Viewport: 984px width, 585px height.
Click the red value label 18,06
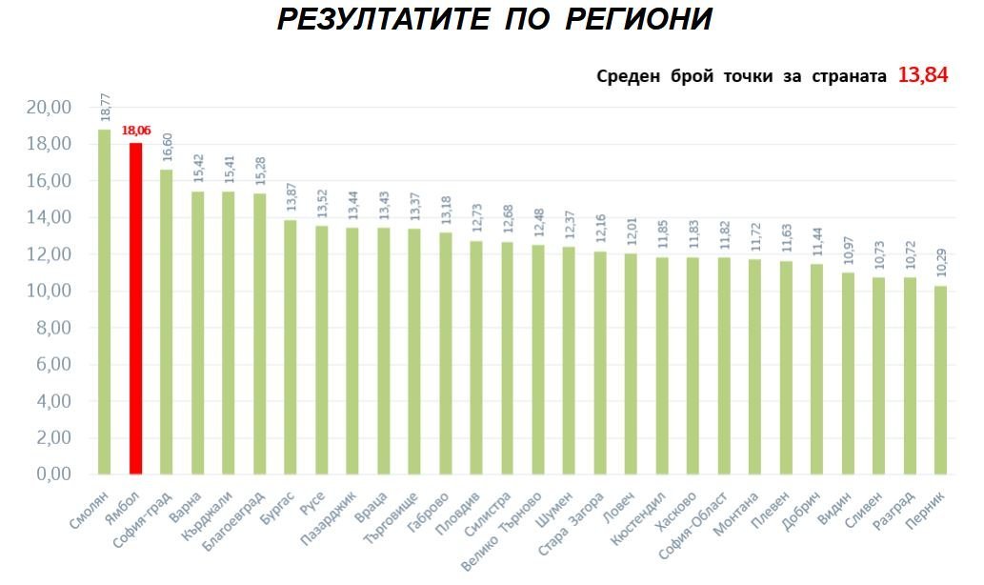coord(136,131)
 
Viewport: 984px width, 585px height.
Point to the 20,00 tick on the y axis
coord(49,108)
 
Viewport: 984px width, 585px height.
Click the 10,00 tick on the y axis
coord(49,292)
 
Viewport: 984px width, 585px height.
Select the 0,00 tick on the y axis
coord(52,474)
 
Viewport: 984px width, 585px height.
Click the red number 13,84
coord(922,76)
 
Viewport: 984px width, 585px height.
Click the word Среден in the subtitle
coord(627,77)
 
